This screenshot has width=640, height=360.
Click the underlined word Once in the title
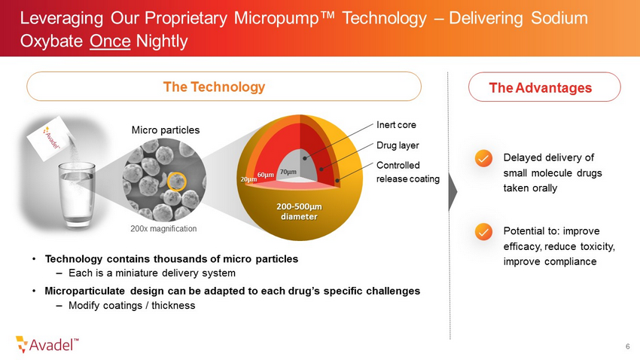pyautogui.click(x=110, y=41)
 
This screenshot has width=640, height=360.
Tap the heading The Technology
pyautogui.click(x=214, y=87)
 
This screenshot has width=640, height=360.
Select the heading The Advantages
pyautogui.click(x=541, y=87)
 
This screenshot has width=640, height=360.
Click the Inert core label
pyautogui.click(x=396, y=125)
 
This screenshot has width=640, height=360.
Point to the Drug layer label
pyautogui.click(x=398, y=145)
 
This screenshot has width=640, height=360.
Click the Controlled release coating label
pyautogui.click(x=408, y=172)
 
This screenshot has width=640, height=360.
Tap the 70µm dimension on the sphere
pyautogui.click(x=288, y=172)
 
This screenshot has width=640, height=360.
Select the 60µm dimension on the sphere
pyautogui.click(x=265, y=175)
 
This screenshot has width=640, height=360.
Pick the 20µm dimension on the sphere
pyautogui.click(x=248, y=179)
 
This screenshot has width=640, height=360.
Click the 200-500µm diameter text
pyautogui.click(x=299, y=212)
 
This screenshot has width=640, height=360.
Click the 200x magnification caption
pyautogui.click(x=163, y=228)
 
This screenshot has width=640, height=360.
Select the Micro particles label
pyautogui.click(x=166, y=130)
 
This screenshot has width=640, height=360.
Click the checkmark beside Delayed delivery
pyautogui.click(x=483, y=158)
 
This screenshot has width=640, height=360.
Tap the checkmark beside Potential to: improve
pyautogui.click(x=483, y=232)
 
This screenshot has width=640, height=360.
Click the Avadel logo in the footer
pyautogui.click(x=47, y=344)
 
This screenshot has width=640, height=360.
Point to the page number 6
pyautogui.click(x=628, y=346)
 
